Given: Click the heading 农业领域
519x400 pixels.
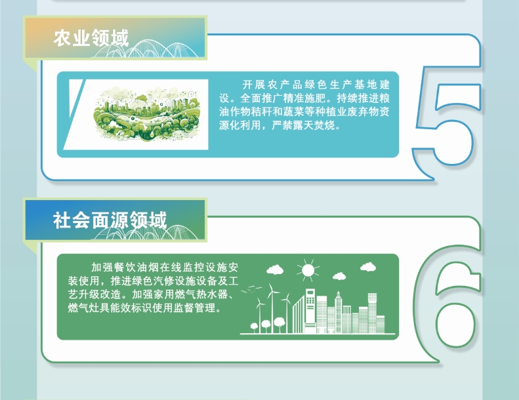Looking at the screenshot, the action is tap(91, 38).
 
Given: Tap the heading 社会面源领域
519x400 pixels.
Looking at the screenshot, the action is tap(110, 220).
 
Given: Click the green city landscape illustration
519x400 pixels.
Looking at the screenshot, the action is tap(147, 114).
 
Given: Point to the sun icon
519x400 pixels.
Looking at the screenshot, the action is tap(308, 270).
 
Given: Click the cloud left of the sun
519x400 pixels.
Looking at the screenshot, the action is tap(275, 270).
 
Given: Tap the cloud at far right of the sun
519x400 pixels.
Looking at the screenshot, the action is tap(367, 267).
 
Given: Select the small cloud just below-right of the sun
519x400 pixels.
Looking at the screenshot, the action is tap(339, 276).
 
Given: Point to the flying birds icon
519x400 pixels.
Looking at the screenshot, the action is tap(251, 289).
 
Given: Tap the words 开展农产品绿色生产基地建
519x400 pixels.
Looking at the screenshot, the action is tap(316, 85).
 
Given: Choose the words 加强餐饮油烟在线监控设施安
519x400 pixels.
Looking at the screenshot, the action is tap(165, 268).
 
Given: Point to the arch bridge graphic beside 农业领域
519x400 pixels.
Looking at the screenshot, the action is tap(146, 49).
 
